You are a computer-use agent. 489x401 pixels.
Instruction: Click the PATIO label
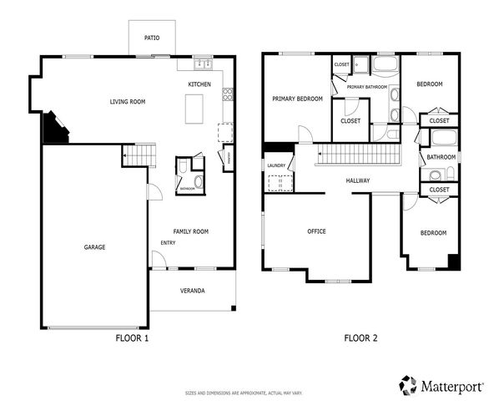pos(151,38)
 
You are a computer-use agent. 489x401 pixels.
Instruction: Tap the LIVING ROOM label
pos(128,102)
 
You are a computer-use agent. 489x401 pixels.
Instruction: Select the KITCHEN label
pos(199,84)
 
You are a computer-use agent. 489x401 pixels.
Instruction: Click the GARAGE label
pos(93,247)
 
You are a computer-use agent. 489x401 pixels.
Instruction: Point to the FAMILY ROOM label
pos(190,231)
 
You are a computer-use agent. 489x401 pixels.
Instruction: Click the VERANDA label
pos(192,291)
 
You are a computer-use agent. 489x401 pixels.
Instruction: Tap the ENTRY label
pos(168,243)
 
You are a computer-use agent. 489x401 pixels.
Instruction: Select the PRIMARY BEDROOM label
pos(297,99)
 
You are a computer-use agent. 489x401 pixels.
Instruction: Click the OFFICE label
pos(316,231)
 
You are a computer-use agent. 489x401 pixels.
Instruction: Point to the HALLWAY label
pos(358,180)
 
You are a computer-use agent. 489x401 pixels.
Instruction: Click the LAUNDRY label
pos(276,165)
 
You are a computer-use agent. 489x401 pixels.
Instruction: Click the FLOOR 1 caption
pos(131,338)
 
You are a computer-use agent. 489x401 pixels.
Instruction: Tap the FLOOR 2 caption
pos(360,338)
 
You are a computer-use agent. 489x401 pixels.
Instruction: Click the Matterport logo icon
pos(408,384)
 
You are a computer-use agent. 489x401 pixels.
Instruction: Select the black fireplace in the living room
pos(53,129)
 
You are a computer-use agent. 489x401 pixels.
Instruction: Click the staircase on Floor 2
pos(360,155)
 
